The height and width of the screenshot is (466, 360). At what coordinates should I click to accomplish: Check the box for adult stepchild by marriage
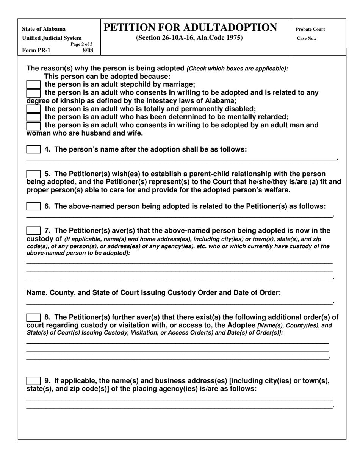click(33, 84)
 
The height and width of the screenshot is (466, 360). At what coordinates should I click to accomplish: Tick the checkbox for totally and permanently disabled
click(33, 109)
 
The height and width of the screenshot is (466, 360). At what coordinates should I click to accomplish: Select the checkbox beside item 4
click(33, 150)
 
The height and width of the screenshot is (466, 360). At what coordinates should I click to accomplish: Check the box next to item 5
click(33, 174)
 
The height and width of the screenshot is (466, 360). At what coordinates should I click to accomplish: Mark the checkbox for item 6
click(33, 206)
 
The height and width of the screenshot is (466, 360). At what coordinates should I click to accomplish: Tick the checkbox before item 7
click(33, 231)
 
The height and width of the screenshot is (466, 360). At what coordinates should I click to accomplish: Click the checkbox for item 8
click(33, 317)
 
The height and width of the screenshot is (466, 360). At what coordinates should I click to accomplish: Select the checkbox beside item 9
click(33, 381)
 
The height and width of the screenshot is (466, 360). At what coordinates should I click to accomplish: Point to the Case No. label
click(307, 38)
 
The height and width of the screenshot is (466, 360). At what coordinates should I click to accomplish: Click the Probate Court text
click(310, 29)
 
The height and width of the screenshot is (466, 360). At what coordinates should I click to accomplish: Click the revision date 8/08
click(88, 50)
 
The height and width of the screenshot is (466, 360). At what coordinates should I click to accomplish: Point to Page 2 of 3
click(81, 44)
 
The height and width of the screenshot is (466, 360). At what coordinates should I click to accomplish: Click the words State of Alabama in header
click(44, 29)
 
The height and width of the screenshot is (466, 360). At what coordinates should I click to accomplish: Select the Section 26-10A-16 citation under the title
click(189, 38)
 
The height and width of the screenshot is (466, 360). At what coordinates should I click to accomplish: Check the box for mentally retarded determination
click(33, 117)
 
